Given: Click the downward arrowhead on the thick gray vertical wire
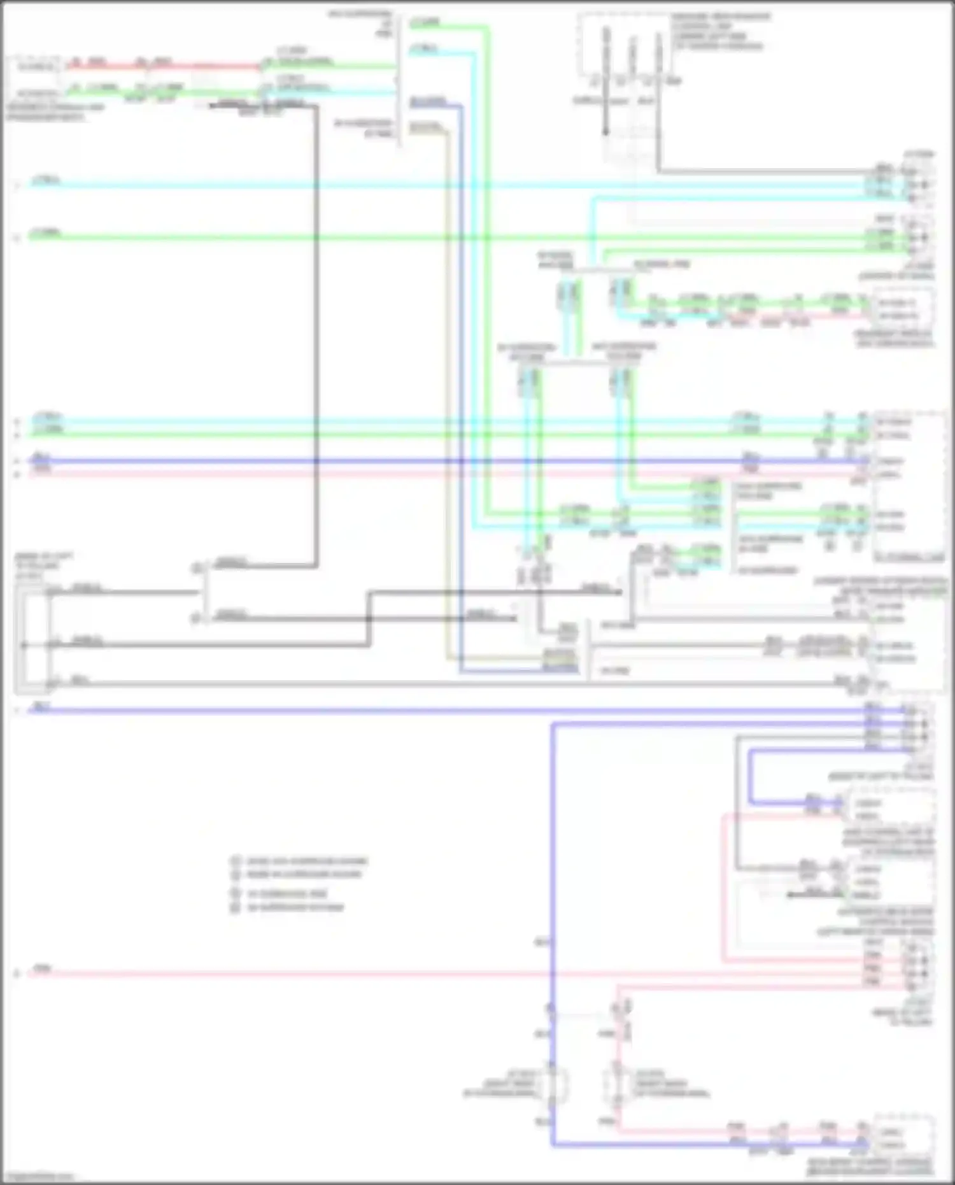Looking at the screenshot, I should click(606, 132).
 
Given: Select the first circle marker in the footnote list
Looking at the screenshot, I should click(236, 861).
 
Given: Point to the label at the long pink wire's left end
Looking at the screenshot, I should click(42, 969).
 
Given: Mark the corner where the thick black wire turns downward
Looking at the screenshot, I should click(316, 106).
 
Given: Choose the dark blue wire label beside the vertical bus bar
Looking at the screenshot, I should click(427, 102).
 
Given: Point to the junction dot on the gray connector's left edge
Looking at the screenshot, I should click(24, 645).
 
